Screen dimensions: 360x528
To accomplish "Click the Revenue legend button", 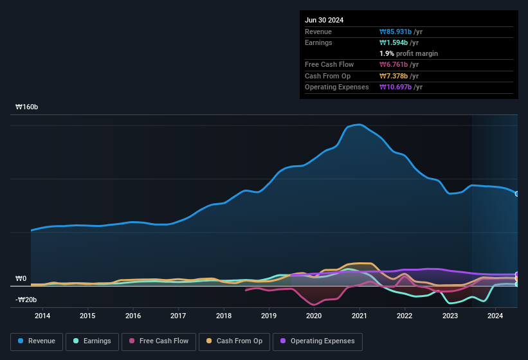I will (36, 341).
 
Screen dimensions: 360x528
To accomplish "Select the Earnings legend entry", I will (91, 341).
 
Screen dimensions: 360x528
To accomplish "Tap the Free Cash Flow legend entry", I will (159, 341).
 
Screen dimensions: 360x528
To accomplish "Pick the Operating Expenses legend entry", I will (317, 341).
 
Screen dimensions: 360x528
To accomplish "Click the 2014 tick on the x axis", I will (42, 316).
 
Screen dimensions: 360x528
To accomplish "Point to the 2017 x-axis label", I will (178, 316).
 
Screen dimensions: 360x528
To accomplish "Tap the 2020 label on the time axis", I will (314, 316).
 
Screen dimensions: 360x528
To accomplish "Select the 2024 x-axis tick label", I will (495, 316).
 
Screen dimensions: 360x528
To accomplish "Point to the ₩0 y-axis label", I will (21, 278).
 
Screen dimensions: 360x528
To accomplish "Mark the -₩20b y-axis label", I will (26, 300).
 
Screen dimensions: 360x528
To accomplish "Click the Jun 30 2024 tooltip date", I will (324, 20).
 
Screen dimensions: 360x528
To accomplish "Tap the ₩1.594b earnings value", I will (399, 42).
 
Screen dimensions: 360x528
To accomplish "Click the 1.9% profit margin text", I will (409, 53).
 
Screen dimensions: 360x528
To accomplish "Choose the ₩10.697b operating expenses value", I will (401, 87).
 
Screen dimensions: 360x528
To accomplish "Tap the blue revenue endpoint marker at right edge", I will (517, 194).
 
